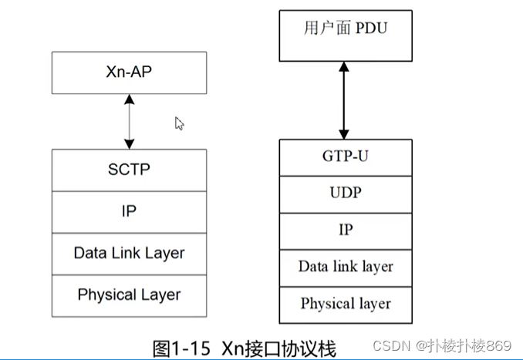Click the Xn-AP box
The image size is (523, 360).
coord(129,72)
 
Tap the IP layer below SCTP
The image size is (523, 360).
coord(129,210)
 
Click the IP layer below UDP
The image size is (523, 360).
coord(346,230)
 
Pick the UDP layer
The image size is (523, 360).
coord(346,193)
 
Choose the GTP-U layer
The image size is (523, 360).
coord(346,156)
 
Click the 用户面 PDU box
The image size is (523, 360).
coord(346,35)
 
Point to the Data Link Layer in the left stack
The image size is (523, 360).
coord(129,252)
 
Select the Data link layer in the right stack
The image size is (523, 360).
coord(346,267)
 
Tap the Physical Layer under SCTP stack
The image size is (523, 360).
coord(129,294)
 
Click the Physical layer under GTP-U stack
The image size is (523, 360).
coord(346,303)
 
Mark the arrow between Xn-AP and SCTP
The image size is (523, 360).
coord(129,122)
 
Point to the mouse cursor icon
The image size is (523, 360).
coord(179,123)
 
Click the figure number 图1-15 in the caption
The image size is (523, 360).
coord(182,348)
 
